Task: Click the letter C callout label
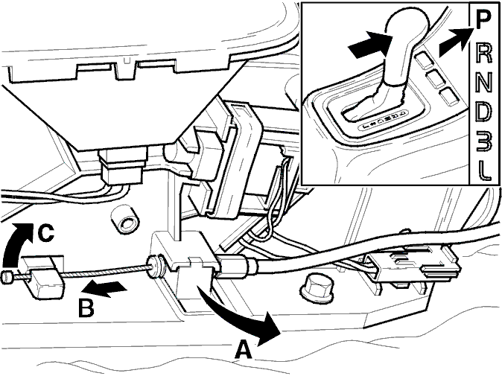coord(45,233)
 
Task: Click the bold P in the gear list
coord(483,20)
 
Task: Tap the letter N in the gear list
coord(483,83)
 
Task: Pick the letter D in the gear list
coord(483,112)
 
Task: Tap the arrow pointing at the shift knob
coord(370,45)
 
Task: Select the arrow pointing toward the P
coord(455,41)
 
